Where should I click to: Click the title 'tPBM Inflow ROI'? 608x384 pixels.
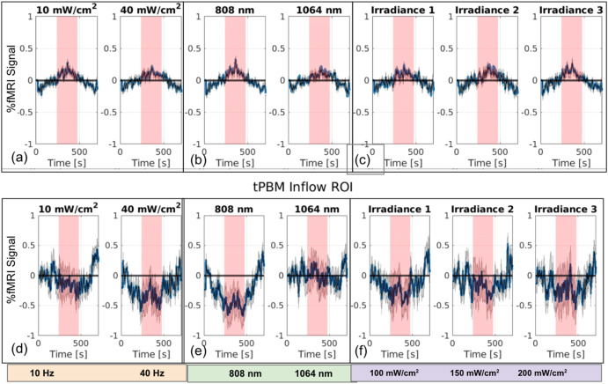tap(304, 187)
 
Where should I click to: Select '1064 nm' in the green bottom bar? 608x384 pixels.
tap(310, 373)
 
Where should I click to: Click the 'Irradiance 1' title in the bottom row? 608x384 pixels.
tap(398, 209)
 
